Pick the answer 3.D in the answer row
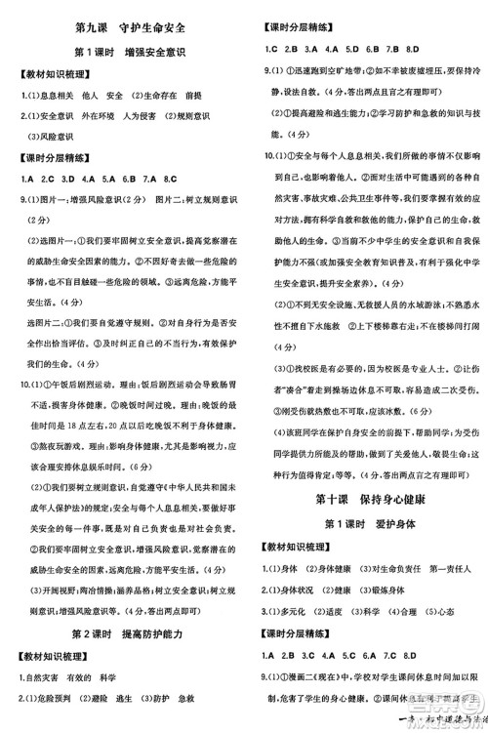(67, 179)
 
